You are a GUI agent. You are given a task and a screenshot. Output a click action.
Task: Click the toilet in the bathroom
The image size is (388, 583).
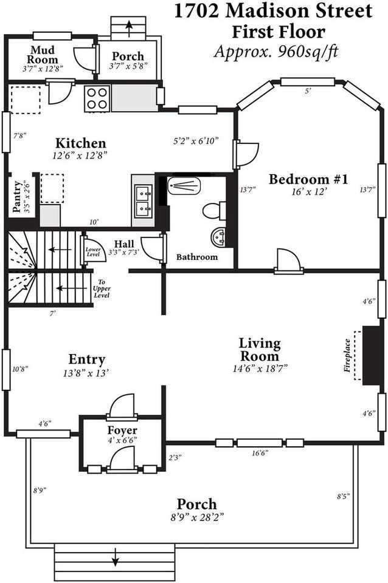212,211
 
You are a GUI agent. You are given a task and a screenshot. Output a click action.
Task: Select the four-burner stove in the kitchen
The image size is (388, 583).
97,98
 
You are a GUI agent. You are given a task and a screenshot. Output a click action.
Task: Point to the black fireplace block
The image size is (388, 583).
370,355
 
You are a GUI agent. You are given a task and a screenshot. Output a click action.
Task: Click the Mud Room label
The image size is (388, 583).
44,54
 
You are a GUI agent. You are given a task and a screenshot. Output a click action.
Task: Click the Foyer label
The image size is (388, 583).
123,431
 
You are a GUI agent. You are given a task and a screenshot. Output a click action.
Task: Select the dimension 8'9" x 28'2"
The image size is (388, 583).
196,517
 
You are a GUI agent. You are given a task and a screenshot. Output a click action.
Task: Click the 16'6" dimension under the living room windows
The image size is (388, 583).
260,452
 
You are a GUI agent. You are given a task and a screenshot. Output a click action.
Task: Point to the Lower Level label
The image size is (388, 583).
93,251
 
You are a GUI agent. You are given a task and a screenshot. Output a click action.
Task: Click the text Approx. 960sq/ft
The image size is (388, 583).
276,51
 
